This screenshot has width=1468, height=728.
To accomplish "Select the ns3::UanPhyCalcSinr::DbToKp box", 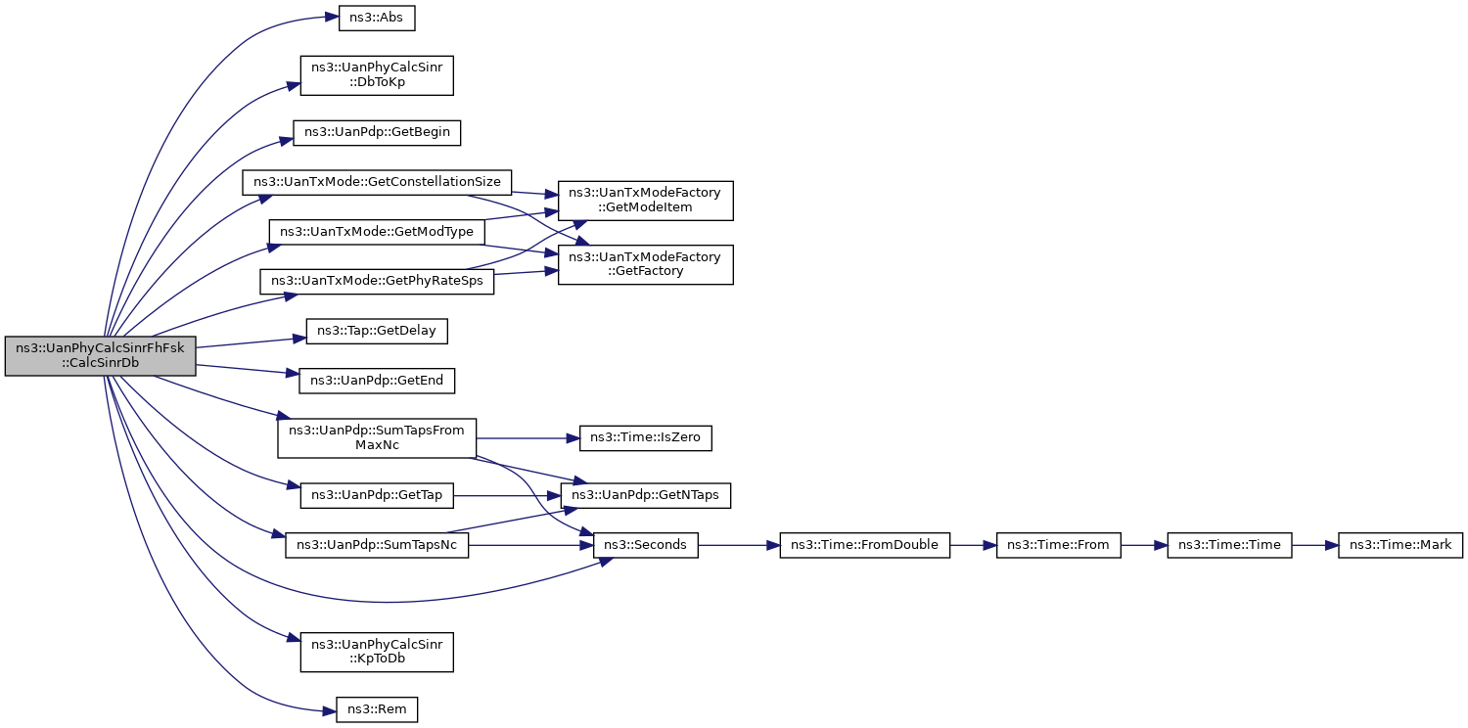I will coord(377,75).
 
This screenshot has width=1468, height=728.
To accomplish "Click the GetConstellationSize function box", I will coord(377,182).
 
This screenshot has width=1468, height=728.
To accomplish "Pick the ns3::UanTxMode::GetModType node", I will coord(377,232).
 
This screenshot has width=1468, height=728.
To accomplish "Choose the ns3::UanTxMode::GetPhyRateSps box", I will coord(377,282).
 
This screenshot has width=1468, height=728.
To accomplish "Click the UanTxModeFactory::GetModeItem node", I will coord(645,201).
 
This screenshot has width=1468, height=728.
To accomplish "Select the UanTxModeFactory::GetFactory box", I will coord(645,264).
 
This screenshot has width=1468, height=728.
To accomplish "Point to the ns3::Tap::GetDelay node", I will coord(377,332).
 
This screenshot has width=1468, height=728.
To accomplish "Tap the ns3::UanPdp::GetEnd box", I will coord(377,381).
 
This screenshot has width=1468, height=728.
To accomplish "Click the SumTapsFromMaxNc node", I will coord(377,438).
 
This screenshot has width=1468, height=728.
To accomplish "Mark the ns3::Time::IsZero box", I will coord(645,437).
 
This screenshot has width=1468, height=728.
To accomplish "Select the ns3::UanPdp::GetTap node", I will coord(377,495).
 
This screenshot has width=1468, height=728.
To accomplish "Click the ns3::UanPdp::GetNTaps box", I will coord(645,495).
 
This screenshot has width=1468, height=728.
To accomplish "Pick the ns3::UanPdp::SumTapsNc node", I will coord(377,545).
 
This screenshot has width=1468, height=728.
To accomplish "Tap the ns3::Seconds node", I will coord(645,545).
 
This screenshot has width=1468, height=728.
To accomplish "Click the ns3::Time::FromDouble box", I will coord(865,545).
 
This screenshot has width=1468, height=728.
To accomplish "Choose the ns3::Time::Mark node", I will coord(1400,545).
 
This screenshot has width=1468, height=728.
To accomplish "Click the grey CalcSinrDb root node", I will coord(100,356).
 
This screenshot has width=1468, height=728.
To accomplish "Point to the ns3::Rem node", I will coord(377,709).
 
